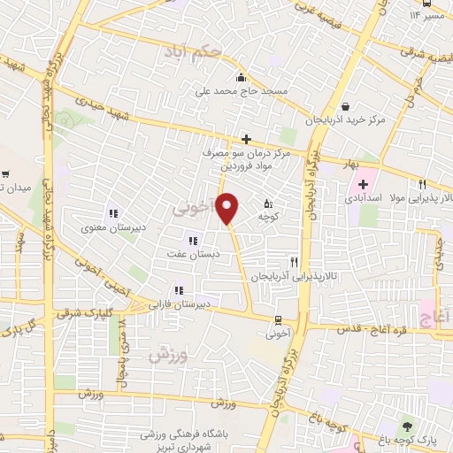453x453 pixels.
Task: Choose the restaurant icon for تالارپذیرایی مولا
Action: click(423, 185)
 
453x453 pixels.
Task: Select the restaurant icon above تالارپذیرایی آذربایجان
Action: click(294, 262)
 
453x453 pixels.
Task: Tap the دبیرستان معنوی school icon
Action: click(112, 212)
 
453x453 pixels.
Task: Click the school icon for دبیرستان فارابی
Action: click(180, 289)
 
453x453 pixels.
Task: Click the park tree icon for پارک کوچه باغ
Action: click(407, 426)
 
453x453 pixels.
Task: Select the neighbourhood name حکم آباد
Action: click(192, 55)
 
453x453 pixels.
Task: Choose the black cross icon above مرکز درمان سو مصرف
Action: click(246, 139)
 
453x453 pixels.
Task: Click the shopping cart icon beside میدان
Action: click(5, 174)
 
